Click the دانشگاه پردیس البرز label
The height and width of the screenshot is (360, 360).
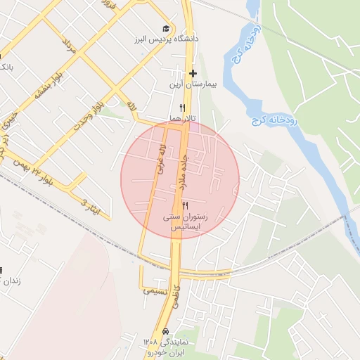(157, 39)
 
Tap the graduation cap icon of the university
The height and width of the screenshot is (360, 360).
(165, 29)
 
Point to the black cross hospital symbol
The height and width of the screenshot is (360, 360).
(193, 73)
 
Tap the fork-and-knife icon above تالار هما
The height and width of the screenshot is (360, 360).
(182, 108)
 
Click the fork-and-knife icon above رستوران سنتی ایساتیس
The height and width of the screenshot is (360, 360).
(185, 205)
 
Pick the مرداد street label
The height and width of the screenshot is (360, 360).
(67, 47)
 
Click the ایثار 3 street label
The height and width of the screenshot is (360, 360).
(91, 206)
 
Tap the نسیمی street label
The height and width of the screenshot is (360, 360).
(155, 290)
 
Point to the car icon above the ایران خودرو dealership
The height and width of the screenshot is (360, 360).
(165, 330)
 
